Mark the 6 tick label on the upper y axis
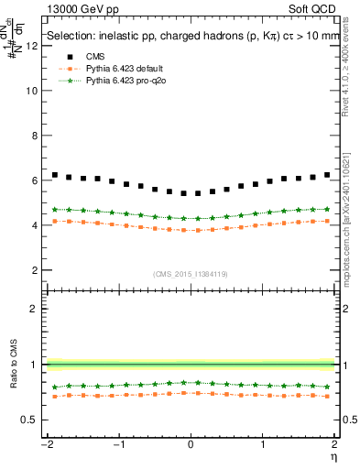(x=35, y=180)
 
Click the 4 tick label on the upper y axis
(x=35, y=225)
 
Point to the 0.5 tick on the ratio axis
(x=29, y=420)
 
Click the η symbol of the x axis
(x=334, y=457)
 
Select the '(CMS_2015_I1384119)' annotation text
(x=191, y=274)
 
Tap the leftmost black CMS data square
(x=55, y=175)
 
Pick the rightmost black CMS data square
(x=327, y=175)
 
